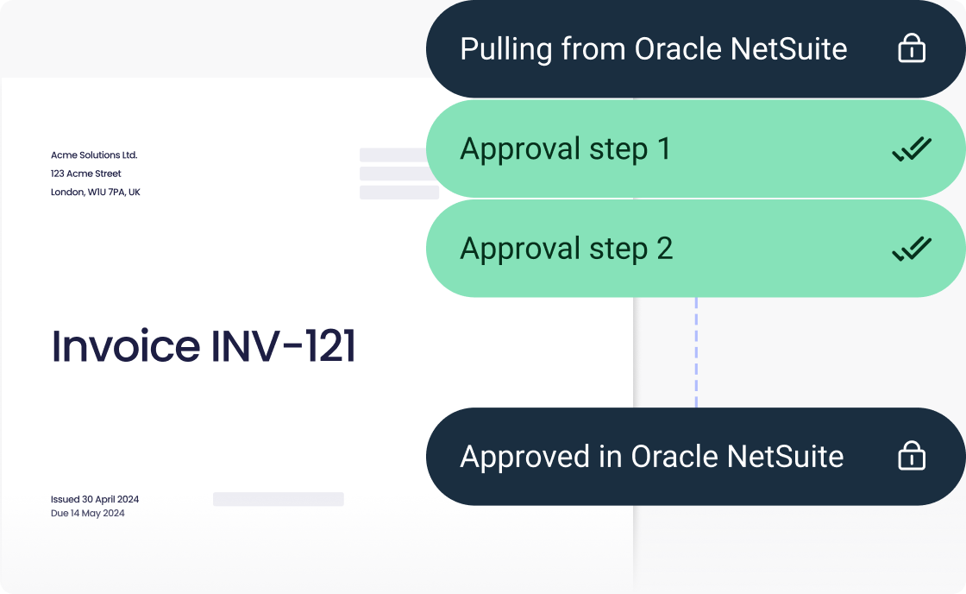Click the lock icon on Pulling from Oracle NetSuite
click(911, 49)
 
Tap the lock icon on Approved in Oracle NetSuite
click(911, 457)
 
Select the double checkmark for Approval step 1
click(911, 150)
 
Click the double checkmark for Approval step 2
click(911, 250)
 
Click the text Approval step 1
click(565, 149)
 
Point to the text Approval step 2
click(566, 249)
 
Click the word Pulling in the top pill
click(505, 49)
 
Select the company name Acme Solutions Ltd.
click(94, 155)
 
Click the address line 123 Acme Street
click(86, 174)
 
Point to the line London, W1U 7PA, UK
click(95, 192)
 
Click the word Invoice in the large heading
click(126, 346)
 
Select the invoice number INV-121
click(283, 346)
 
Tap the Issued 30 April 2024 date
click(95, 499)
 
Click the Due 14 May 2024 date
click(88, 513)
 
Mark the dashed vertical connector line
click(696, 352)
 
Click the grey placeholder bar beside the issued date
click(278, 499)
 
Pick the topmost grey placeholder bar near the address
click(393, 155)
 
